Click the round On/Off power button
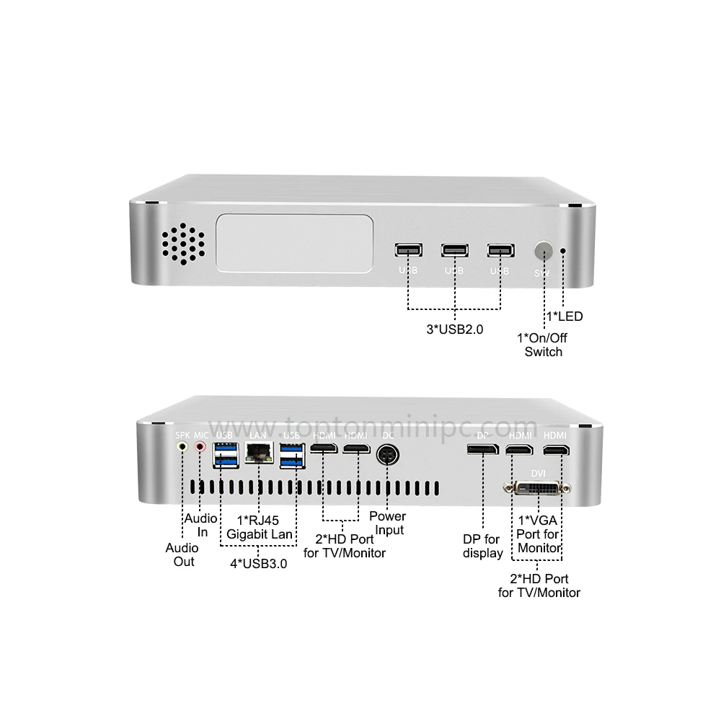pos(542,252)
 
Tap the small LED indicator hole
pos(563,252)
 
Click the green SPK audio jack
pos(182,447)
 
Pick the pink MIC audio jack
pos(200,447)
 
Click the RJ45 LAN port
pos(257,452)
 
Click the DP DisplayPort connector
pos(481,451)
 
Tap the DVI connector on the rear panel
pos(535,489)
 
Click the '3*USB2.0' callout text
pos(454,329)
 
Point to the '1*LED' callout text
pos(564,316)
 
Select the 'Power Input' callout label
pos(387,523)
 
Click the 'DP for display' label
pos(482,547)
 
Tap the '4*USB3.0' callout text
pos(258,564)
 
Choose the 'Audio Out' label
pos(182,554)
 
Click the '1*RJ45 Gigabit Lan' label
pos(260,526)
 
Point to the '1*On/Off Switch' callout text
pos(543,345)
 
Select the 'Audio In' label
pos(201,526)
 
